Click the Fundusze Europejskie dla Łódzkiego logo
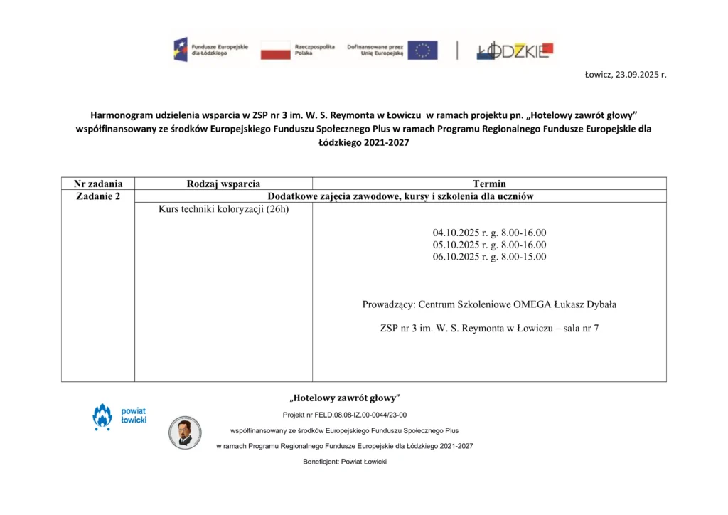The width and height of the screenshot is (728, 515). [210, 50]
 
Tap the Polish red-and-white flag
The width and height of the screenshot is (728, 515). [275, 50]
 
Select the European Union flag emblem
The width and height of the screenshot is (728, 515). [422, 50]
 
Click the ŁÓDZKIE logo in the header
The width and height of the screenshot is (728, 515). [515, 50]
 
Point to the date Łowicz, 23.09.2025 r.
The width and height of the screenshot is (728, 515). [625, 74]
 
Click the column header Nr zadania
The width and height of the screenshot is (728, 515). [98, 184]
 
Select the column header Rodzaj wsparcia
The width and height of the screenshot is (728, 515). [223, 184]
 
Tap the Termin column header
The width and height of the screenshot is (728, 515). [489, 184]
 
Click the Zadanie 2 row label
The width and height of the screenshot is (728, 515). [98, 196]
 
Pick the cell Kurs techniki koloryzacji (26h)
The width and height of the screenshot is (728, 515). [224, 209]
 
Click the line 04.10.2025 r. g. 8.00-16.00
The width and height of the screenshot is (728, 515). [489, 233]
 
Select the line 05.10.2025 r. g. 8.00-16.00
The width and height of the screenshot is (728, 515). [489, 245]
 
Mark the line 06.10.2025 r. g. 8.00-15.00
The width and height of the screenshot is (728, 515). [489, 257]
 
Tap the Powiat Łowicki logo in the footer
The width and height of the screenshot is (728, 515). [119, 416]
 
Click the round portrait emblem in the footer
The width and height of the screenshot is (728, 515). [185, 432]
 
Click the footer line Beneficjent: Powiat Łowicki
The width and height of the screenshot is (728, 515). [345, 462]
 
